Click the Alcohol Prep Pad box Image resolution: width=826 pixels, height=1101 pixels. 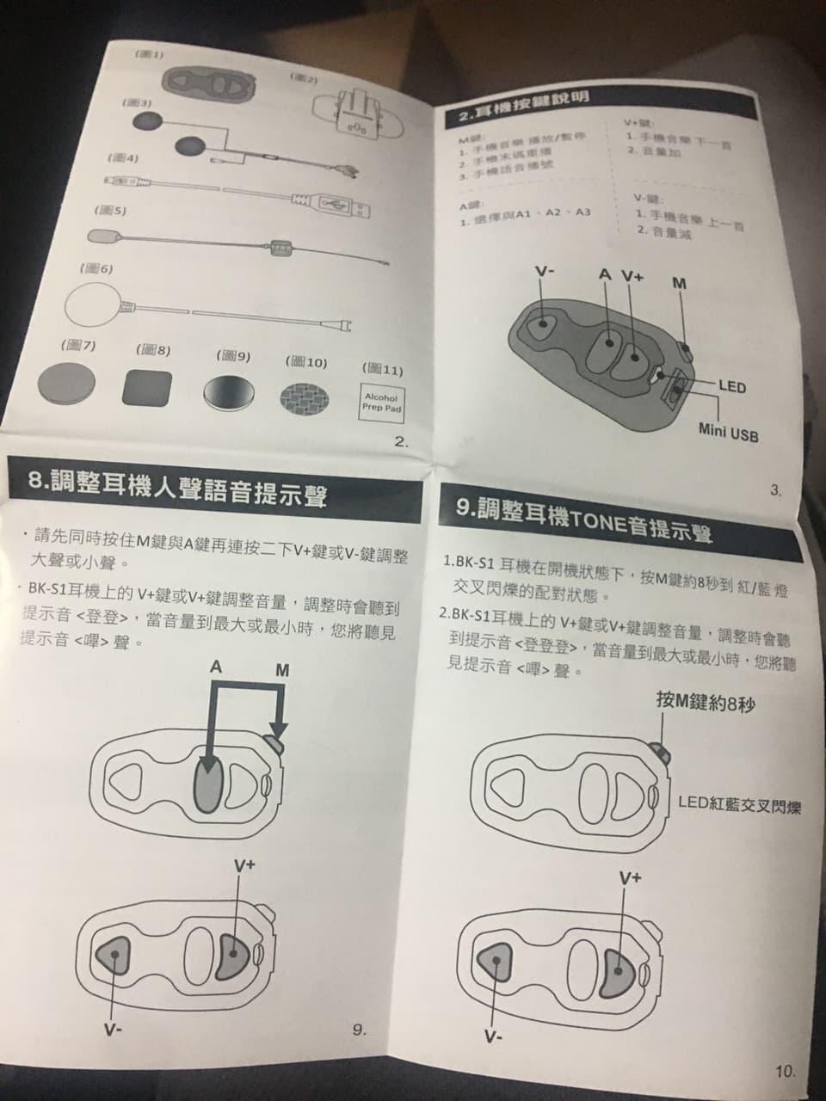coord(381,403)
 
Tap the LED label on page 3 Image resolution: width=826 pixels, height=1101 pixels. coord(731,387)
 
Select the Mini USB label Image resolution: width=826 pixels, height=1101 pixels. coord(728,434)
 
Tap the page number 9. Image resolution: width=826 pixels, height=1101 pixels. coord(359,1030)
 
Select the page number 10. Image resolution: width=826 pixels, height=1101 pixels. coord(784,1071)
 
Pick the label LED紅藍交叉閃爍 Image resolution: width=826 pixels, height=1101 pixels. coord(739,805)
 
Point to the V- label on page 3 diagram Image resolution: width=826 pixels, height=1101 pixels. coord(544,272)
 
